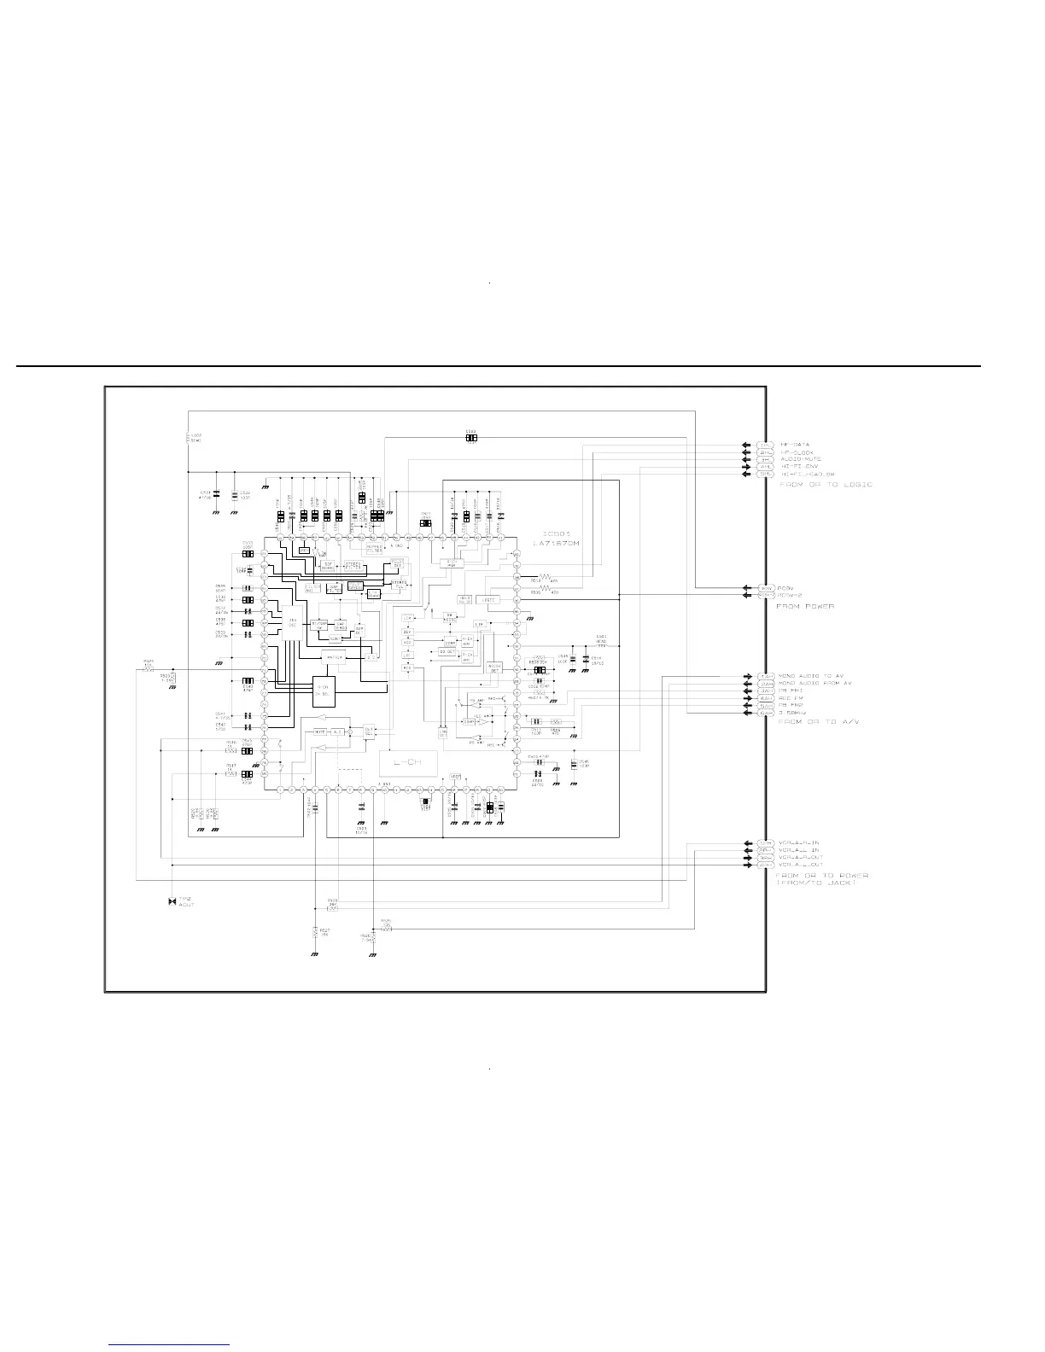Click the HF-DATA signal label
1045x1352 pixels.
tap(795, 445)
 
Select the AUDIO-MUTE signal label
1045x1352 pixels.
tap(801, 459)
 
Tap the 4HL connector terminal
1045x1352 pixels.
tap(766, 467)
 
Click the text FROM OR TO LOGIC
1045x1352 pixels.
tap(826, 485)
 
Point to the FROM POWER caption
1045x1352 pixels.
tap(804, 606)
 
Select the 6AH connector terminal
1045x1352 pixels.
tap(766, 714)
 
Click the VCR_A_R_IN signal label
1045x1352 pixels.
tap(799, 842)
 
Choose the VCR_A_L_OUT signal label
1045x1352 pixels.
tap(801, 865)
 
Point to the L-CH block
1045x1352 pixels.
tap(408, 761)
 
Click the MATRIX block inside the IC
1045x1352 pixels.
tap(335, 657)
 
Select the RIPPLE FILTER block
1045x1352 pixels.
tap(376, 549)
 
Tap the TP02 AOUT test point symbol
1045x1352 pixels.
tap(172, 901)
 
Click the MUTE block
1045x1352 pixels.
tap(319, 731)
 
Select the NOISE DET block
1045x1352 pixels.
tap(493, 667)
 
